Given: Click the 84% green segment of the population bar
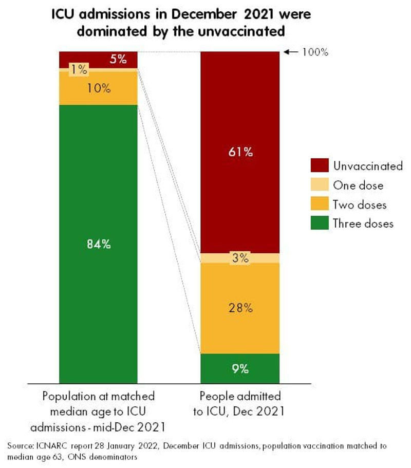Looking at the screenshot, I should pyautogui.click(x=99, y=244).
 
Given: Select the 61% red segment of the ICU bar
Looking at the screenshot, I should pyautogui.click(x=240, y=152).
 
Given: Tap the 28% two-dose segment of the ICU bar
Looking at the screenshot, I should pyautogui.click(x=240, y=308).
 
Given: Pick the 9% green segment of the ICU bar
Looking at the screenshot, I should pyautogui.click(x=240, y=368).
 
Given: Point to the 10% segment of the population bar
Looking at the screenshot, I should pyautogui.click(x=99, y=88).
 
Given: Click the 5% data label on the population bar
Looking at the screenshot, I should pyautogui.click(x=118, y=59).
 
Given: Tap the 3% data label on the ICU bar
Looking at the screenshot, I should pyautogui.click(x=240, y=258).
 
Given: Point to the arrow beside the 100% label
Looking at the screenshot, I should pyautogui.click(x=291, y=52).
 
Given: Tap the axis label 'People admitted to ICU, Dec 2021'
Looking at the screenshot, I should pyautogui.click(x=240, y=403).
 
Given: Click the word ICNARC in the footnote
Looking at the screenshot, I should pyautogui.click(x=52, y=445).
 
